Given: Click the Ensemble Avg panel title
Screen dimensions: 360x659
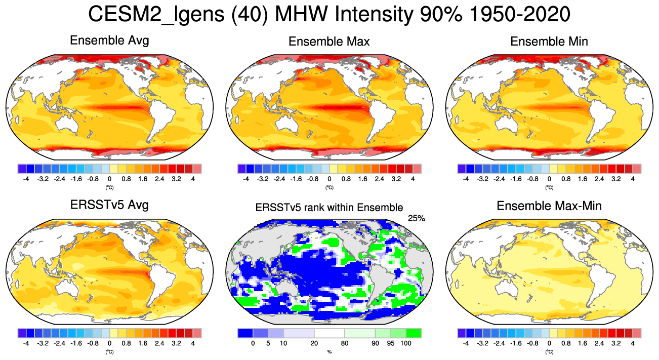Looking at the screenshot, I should (x=109, y=41).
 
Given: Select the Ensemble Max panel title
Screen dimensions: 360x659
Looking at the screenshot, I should (x=329, y=42).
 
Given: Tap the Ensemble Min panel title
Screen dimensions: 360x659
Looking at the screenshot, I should (x=549, y=42).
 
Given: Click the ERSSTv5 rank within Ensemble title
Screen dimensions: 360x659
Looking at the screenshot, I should (x=329, y=207).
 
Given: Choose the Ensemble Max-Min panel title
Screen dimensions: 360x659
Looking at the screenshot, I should (x=549, y=206).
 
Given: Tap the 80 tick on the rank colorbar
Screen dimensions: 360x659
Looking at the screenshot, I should (x=345, y=343).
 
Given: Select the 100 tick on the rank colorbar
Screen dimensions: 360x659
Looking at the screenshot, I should (x=406, y=343).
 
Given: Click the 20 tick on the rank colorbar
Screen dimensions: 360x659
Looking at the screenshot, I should (x=314, y=343).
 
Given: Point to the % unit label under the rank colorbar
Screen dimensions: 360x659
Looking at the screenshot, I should (x=329, y=351).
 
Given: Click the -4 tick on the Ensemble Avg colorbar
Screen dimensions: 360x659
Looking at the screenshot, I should (x=26, y=178).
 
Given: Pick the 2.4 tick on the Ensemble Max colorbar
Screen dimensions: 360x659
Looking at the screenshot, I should (x=380, y=178).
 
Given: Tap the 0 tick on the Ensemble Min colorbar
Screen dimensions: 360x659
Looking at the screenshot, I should (x=549, y=178).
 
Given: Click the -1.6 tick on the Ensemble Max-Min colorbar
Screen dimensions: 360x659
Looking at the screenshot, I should (x=516, y=343).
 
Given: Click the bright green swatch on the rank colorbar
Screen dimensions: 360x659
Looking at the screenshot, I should (x=414, y=333).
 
